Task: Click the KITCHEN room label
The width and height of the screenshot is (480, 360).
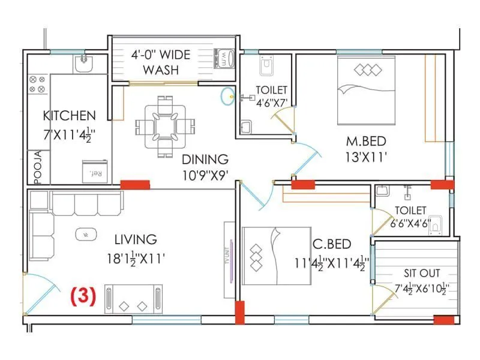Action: click(x=69, y=115)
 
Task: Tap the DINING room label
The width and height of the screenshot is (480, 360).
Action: click(x=205, y=160)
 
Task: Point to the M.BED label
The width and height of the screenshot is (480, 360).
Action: click(x=365, y=142)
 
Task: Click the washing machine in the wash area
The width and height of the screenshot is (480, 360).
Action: click(x=225, y=59)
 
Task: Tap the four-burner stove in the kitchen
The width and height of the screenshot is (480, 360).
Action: click(x=37, y=84)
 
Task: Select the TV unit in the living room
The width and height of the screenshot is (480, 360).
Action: click(x=229, y=259)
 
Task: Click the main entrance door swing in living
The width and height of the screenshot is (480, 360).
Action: click(x=42, y=291)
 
